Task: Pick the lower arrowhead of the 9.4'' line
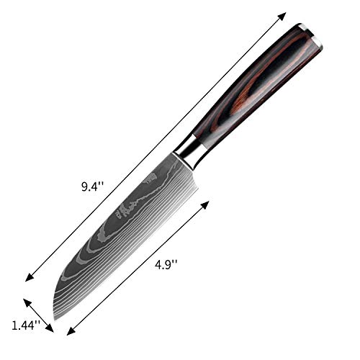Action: pos(28,279)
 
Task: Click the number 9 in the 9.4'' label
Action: pos(86,186)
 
